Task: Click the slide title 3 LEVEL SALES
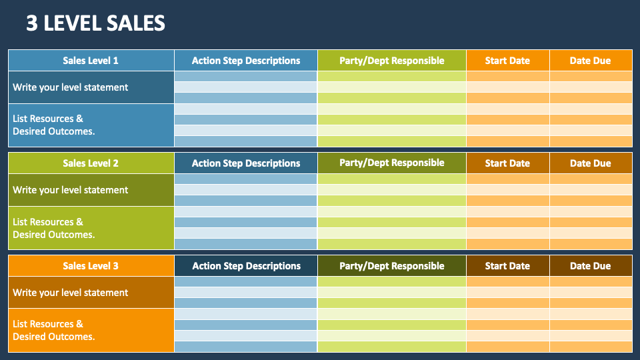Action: [x=95, y=23]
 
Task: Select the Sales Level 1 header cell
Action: [x=91, y=61]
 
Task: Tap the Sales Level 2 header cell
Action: [x=91, y=163]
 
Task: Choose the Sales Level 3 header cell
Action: [x=91, y=266]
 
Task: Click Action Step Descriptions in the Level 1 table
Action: [x=246, y=61]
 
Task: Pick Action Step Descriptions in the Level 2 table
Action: [x=246, y=163]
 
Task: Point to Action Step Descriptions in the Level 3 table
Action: [x=246, y=266]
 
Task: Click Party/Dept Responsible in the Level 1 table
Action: [x=391, y=61]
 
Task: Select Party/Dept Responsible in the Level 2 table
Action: [x=391, y=163]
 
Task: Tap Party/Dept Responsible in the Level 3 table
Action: [x=391, y=266]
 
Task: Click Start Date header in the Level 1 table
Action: [x=507, y=61]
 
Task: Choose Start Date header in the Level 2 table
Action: [x=507, y=163]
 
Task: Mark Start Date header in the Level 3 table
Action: [x=507, y=266]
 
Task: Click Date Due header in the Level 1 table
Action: [x=590, y=61]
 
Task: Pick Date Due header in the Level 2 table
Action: [x=590, y=163]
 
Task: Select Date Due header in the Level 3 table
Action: [x=590, y=266]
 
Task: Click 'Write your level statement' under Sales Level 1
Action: [x=71, y=87]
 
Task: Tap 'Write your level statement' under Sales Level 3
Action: [x=71, y=293]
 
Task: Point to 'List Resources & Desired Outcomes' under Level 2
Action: [x=54, y=228]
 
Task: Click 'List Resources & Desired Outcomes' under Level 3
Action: [x=54, y=330]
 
